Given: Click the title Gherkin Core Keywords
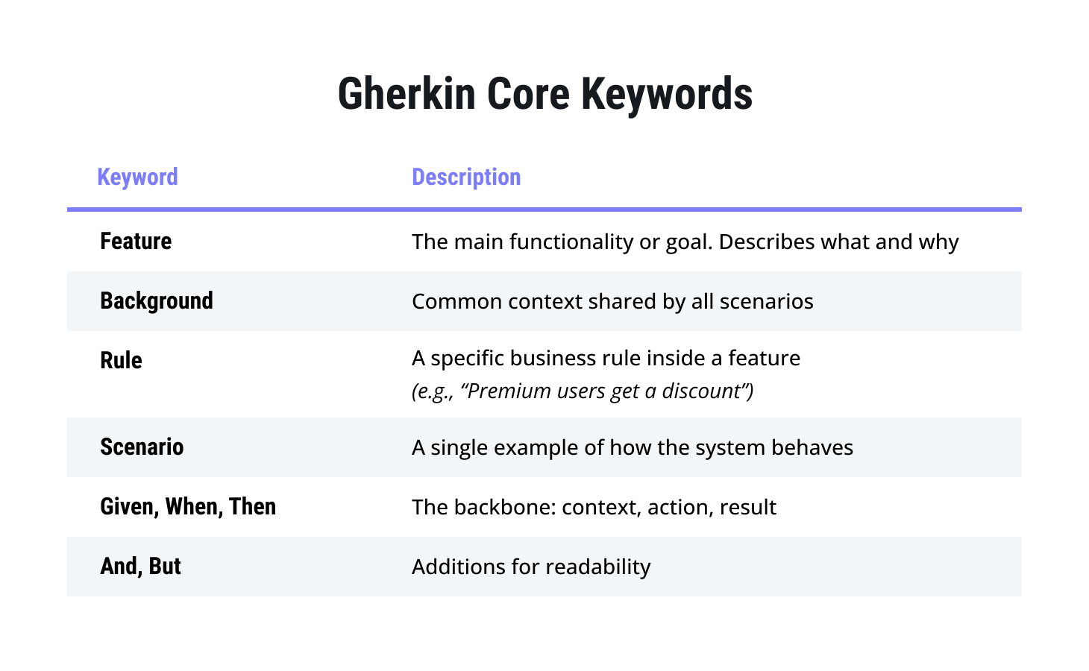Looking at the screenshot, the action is [545, 94].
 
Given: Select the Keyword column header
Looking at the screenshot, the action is [137, 177].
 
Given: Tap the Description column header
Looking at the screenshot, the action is [466, 177].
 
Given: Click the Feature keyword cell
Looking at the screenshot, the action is [136, 242].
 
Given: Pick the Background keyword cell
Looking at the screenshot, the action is [157, 300].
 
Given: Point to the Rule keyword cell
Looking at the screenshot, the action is [121, 361].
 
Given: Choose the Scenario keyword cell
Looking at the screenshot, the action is [142, 447].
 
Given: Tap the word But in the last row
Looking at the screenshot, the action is [164, 566].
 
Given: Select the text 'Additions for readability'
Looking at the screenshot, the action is [531, 567].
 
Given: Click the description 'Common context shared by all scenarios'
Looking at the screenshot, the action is [612, 302].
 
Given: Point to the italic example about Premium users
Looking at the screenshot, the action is [583, 391].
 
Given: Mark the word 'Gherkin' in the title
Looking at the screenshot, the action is [407, 94].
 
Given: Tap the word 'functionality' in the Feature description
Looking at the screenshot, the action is [571, 242].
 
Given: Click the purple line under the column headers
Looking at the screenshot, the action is [544, 210].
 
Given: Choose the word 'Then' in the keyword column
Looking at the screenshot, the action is [252, 506].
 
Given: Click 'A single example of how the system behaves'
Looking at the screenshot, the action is [633, 447].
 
